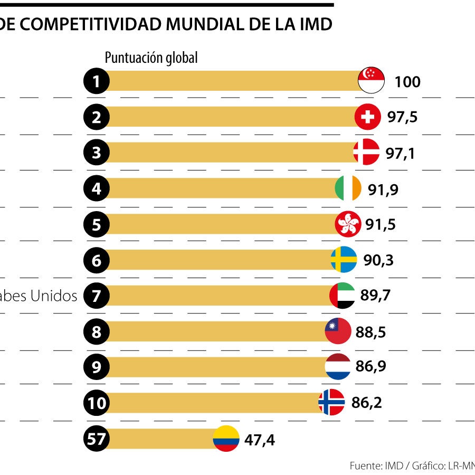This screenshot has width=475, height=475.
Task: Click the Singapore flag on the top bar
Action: click(371, 81)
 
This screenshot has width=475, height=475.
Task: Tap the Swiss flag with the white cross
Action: click(368, 117)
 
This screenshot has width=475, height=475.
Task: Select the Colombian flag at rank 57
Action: click(226, 439)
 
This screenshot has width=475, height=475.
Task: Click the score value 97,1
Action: click(400, 153)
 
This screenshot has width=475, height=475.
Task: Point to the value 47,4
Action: click(259, 439)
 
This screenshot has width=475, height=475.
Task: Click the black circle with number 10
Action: click(97, 404)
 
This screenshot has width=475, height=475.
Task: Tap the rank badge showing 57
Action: click(97, 439)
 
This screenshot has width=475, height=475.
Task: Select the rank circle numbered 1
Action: click(97, 81)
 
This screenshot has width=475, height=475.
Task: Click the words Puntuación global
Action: click(151, 58)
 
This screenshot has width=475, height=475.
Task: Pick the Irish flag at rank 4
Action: click(348, 188)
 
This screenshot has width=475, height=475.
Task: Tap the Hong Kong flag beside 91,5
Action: click(348, 224)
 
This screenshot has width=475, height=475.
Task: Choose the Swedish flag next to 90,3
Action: click(344, 260)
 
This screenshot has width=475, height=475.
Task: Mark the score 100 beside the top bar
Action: click(407, 82)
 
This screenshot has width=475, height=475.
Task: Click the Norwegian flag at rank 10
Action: click(331, 403)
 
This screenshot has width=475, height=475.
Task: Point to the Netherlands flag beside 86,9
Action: click(338, 367)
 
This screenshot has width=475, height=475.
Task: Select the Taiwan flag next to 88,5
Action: click(338, 331)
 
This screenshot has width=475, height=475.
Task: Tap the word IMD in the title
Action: click(316, 24)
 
